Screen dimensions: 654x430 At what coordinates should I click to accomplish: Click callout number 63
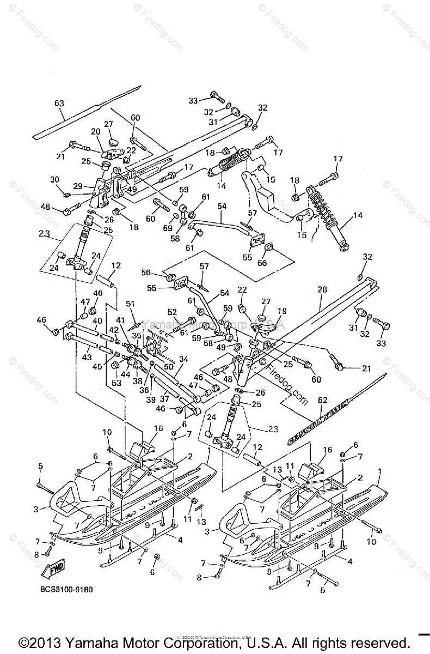(59, 103)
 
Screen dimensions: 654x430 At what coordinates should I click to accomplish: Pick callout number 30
(54, 179)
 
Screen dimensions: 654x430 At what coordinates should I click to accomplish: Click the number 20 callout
(96, 131)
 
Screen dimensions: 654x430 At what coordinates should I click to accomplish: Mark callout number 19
(282, 311)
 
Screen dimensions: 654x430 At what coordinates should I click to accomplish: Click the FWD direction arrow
(53, 571)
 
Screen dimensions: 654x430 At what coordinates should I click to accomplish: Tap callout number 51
(130, 304)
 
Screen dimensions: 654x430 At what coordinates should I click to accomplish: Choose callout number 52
(173, 312)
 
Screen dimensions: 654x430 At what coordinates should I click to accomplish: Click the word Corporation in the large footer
(201, 641)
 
